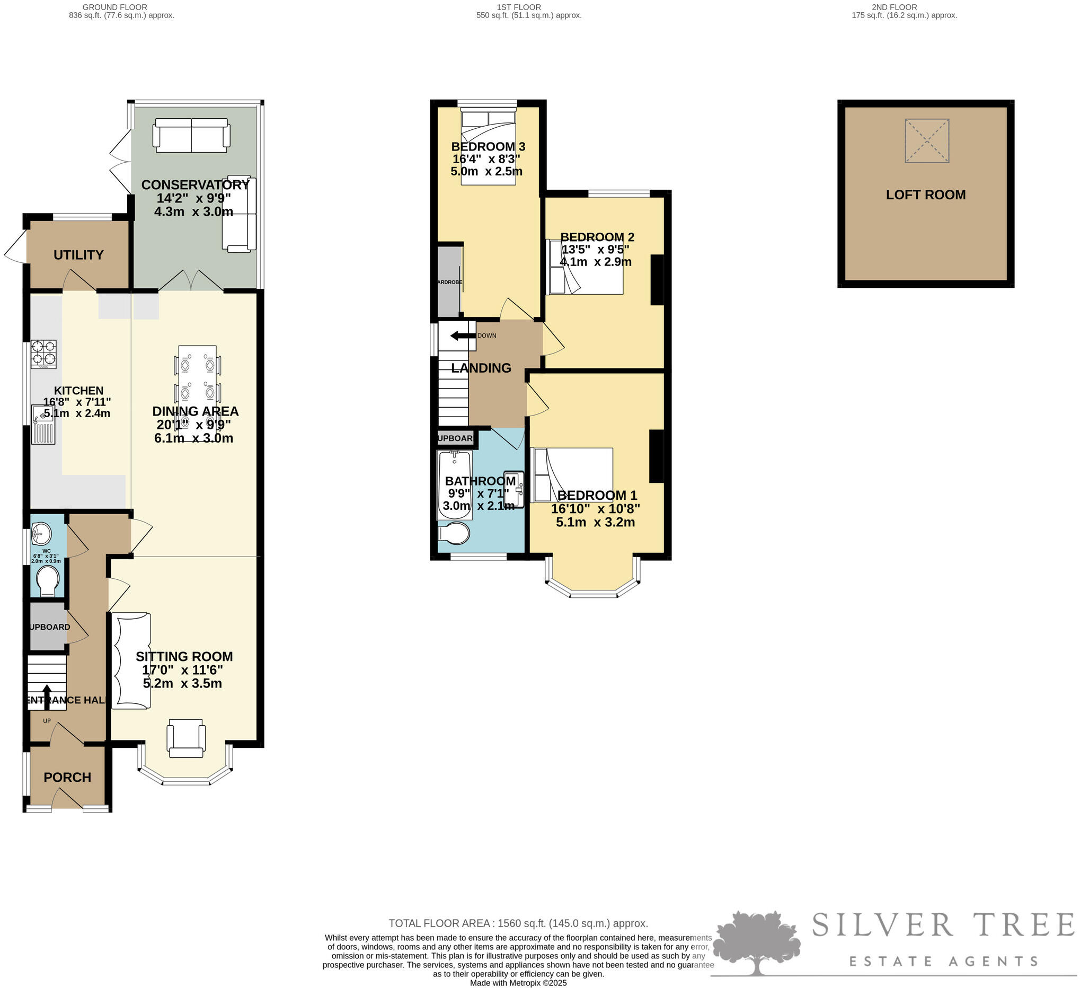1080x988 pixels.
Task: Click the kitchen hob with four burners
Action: (x=43, y=354)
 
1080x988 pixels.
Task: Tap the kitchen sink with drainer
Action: (x=43, y=425)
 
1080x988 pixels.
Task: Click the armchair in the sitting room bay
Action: (x=186, y=738)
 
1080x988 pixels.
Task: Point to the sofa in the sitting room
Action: (x=131, y=661)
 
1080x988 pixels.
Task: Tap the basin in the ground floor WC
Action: (x=41, y=533)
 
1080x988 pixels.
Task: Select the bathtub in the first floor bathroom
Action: (x=455, y=485)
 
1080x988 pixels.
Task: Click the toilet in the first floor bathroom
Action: (x=454, y=533)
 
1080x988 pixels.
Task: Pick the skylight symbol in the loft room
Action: (x=927, y=140)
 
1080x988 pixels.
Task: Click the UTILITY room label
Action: (x=78, y=255)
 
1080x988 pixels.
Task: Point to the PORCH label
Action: (x=67, y=777)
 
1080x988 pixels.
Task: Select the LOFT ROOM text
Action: (x=925, y=195)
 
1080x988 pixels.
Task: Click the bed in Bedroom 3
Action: (x=488, y=147)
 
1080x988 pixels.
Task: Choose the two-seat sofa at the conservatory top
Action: (x=191, y=135)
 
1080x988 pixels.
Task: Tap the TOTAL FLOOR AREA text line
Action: (x=518, y=923)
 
